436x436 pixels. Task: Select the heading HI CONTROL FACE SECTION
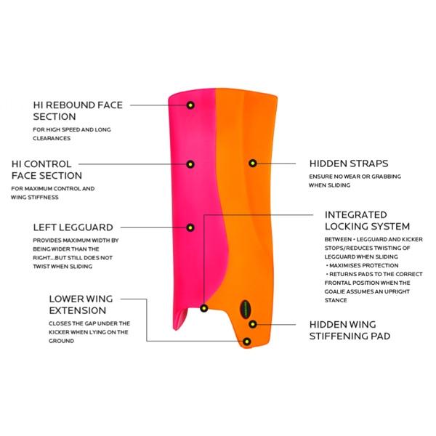(x=57, y=170)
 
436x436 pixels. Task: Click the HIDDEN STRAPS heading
(x=348, y=163)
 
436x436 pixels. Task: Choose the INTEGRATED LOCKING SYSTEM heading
(x=367, y=221)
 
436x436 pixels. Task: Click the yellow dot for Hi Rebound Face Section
(x=190, y=105)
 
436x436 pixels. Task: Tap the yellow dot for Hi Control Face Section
(x=190, y=164)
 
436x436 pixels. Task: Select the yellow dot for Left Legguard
(x=190, y=227)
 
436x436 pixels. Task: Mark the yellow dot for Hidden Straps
(x=252, y=163)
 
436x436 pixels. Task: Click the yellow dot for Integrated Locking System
(x=204, y=308)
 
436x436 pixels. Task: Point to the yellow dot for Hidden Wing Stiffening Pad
(x=253, y=323)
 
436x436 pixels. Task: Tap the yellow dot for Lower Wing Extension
(x=248, y=341)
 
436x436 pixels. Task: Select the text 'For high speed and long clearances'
(x=72, y=134)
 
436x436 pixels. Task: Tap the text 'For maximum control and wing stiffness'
(x=63, y=193)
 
